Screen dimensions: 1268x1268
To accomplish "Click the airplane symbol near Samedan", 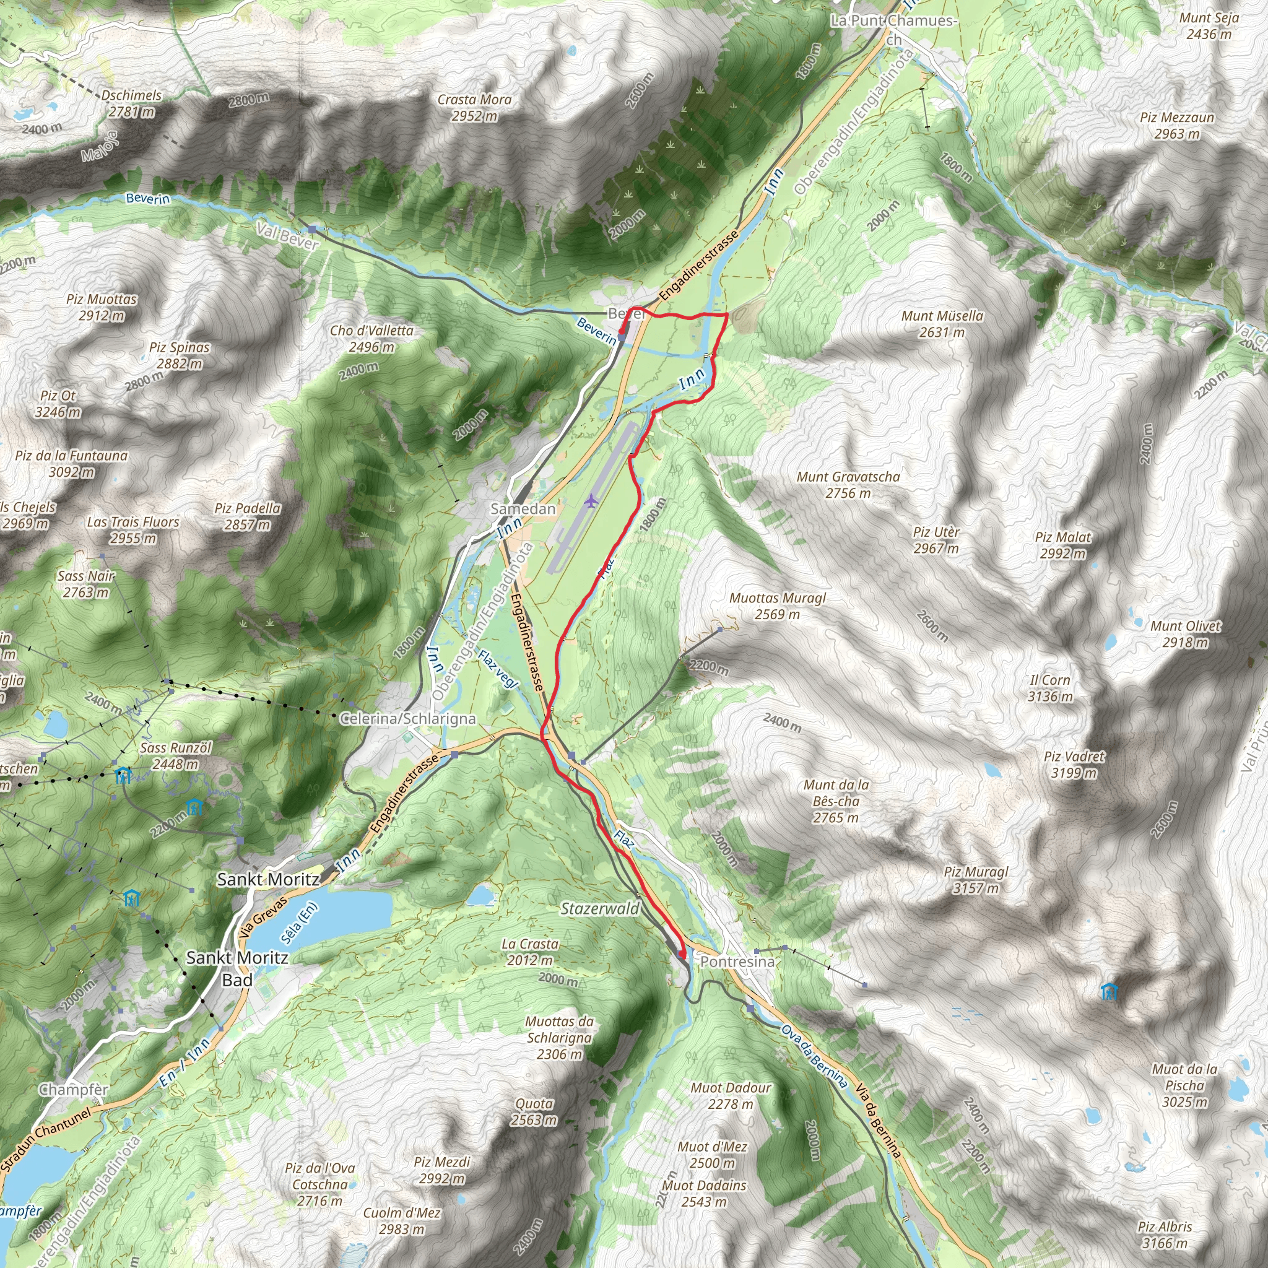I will click(x=591, y=501).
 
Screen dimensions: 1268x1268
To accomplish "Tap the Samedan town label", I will click(x=523, y=509).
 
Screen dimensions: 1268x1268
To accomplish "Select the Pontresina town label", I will click(x=737, y=962).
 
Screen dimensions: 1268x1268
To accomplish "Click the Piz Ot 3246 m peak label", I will click(x=58, y=404).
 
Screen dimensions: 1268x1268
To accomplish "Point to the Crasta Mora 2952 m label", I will click(x=474, y=108).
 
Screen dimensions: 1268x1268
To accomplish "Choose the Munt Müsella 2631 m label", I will click(x=942, y=324).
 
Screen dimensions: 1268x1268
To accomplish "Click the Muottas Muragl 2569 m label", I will click(x=777, y=606).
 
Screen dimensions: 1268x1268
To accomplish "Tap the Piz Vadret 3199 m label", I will click(x=1074, y=765).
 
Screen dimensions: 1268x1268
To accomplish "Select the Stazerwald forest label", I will click(x=599, y=908).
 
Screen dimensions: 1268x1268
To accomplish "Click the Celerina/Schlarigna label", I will click(x=407, y=719).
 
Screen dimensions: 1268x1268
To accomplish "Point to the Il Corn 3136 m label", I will click(x=1050, y=688).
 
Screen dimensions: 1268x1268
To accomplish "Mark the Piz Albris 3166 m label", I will click(x=1165, y=1235).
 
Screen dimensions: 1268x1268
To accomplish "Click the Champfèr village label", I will click(x=74, y=1090).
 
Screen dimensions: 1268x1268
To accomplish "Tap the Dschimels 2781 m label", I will click(x=131, y=103).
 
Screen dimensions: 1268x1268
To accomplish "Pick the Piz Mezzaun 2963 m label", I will click(x=1177, y=125).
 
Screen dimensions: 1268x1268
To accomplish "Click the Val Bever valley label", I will click(x=287, y=236).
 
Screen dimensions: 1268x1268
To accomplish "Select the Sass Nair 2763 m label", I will click(x=86, y=583).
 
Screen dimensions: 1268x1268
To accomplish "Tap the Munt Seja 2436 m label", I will click(x=1209, y=25).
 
